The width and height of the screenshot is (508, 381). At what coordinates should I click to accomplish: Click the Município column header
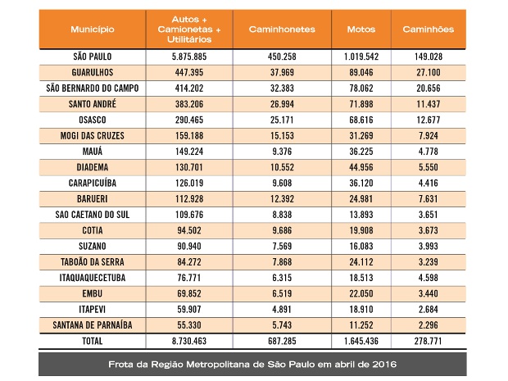pos(92,29)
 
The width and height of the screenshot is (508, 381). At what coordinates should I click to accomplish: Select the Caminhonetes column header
pos(281,29)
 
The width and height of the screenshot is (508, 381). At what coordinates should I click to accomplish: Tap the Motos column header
pos(361,29)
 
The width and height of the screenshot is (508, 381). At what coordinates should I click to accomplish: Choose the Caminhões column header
pos(428,29)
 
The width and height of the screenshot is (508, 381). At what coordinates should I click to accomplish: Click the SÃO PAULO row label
pos(92,58)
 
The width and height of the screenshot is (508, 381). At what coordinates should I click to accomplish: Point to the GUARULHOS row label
pos(92,73)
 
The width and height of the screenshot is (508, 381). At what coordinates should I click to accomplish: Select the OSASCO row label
pos(92,120)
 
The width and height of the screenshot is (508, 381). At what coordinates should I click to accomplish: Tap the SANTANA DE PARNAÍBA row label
pos(92,324)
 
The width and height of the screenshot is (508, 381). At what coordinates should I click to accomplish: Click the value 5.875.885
pos(188,58)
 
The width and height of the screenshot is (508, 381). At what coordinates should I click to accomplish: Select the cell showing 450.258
pos(281,58)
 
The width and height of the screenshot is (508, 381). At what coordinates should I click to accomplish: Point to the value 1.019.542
pos(361,58)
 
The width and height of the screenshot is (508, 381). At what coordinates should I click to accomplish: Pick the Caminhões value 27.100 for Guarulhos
pos(428,73)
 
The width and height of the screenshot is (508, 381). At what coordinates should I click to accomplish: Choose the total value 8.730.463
pos(188,340)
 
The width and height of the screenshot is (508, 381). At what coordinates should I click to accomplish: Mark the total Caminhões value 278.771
pos(428,340)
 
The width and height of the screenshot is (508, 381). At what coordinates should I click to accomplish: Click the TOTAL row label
pos(92,340)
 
